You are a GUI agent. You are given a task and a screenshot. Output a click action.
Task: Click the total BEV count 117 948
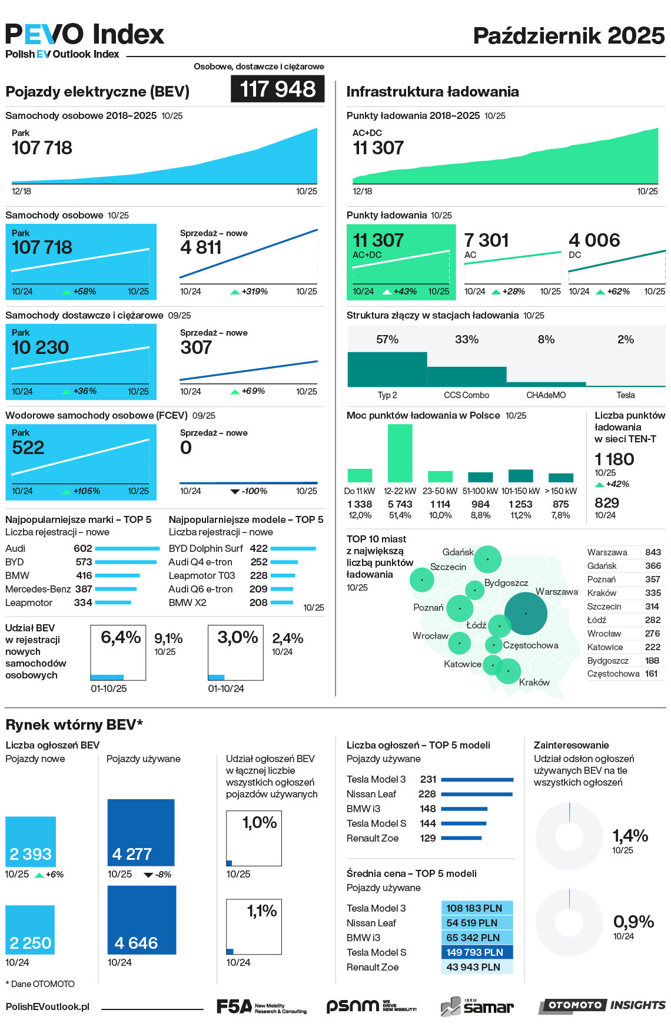point(277,90)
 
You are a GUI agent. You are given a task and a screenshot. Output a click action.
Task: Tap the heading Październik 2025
point(569,36)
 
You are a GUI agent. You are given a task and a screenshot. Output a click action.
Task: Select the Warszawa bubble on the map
point(526,613)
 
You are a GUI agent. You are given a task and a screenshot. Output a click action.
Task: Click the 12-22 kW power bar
point(400,453)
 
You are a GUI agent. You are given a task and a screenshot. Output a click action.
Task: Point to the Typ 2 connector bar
point(387,369)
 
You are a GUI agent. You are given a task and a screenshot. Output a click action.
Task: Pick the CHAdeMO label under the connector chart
point(546,395)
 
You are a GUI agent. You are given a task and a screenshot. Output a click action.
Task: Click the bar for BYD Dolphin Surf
point(293,548)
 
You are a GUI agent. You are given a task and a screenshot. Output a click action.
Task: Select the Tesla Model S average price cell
point(476,952)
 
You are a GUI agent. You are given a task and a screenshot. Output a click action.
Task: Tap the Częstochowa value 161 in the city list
point(651,674)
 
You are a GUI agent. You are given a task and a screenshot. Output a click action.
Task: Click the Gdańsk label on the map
point(458,552)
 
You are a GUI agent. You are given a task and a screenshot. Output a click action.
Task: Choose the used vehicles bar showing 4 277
point(141,832)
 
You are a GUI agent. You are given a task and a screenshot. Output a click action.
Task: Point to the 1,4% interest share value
point(630,836)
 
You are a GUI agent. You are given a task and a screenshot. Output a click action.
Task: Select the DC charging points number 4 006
point(594,240)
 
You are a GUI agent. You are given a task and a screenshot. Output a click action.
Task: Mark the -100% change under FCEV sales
point(254,491)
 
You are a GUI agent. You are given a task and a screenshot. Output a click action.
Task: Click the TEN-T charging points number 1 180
point(614,459)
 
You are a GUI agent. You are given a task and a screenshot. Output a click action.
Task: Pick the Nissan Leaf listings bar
point(476,794)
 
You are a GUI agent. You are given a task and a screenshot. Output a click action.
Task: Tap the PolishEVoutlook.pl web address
point(48,1006)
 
